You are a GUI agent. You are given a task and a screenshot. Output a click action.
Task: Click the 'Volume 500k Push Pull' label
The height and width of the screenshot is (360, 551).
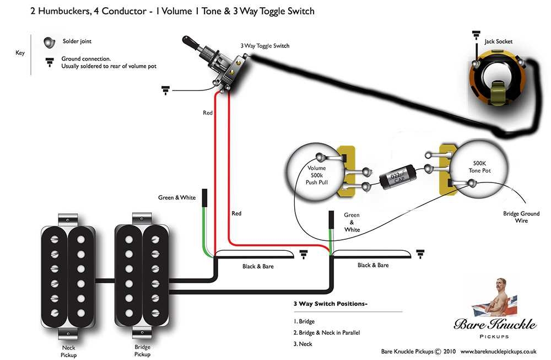coord(317,175)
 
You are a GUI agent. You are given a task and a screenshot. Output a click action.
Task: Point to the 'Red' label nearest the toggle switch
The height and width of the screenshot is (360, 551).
coord(207,112)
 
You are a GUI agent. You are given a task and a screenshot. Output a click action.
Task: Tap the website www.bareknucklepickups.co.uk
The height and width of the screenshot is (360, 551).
coord(498,351)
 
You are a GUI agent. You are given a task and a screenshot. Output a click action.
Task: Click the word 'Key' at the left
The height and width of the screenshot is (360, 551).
coord(20,53)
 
